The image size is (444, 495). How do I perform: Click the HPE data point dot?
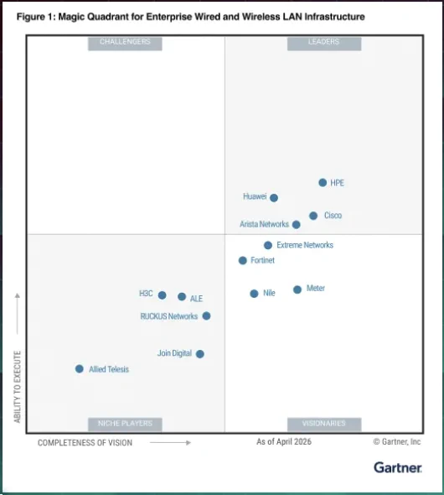tap(323, 182)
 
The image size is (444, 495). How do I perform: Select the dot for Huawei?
tap(274, 198)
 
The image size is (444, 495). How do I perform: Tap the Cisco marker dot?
tap(313, 216)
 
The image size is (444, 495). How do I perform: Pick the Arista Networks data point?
tap(297, 225)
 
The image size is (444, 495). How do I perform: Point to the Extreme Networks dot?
tap(268, 245)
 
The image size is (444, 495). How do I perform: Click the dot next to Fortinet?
tap(243, 260)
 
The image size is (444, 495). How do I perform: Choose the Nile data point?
tap(254, 294)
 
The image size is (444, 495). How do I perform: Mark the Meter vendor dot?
tap(297, 289)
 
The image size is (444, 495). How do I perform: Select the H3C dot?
tap(162, 295)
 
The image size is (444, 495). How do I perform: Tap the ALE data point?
tap(182, 297)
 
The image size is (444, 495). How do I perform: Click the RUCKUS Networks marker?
tap(206, 315)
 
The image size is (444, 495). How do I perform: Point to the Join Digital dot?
tap(199, 354)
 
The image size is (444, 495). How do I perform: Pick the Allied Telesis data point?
tap(80, 368)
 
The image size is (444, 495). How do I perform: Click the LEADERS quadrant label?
tap(324, 44)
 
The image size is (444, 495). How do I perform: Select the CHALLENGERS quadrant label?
tap(125, 44)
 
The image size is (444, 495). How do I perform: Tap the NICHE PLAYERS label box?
tap(125, 425)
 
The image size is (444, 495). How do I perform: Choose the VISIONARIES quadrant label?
tap(324, 425)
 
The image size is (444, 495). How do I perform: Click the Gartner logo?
tap(398, 467)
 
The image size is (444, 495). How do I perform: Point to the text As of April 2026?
tap(284, 441)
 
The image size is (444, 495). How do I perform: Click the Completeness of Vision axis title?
tap(85, 443)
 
